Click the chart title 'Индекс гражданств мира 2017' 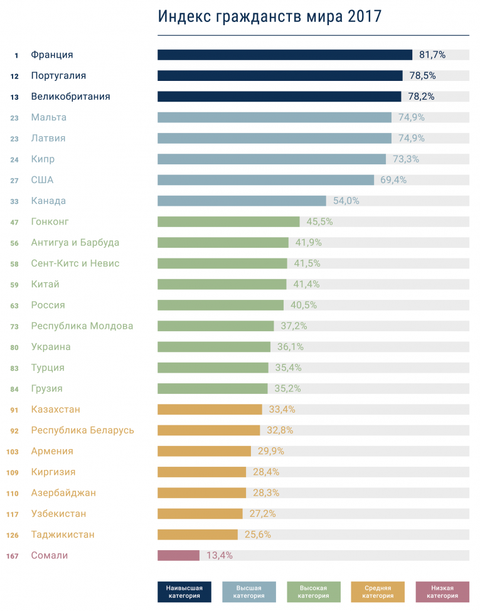tap(270, 16)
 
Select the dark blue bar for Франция tap(284, 55)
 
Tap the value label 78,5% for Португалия tap(423, 75)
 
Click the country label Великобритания tap(70, 97)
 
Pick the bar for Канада tap(242, 201)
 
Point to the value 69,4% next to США tap(393, 180)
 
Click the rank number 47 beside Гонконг tap(14, 222)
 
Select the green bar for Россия tap(220, 305)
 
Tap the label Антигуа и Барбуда tap(75, 243)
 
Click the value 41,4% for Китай tap(306, 284)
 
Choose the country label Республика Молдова tap(82, 326)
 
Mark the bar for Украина tap(213, 347)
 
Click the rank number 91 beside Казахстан tap(14, 410)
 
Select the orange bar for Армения tap(204, 451)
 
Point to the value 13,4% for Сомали tap(220, 555)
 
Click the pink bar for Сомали tap(178, 555)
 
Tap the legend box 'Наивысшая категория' tap(184, 592)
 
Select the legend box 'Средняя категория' tap(377, 592)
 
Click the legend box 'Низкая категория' tap(442, 592)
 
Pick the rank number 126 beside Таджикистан tap(13, 535)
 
